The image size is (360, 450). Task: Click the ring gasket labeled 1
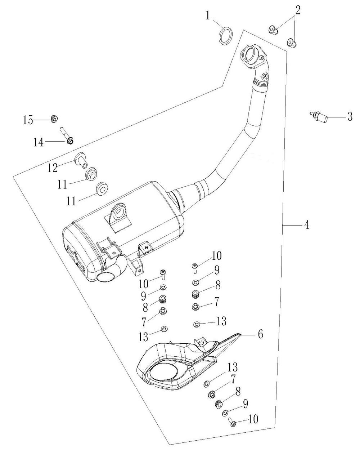[226, 36]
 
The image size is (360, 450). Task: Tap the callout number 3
[350, 116]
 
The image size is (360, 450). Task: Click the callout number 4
[307, 225]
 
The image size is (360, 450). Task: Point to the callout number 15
[28, 120]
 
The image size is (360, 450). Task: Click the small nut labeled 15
[54, 119]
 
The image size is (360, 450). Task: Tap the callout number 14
[39, 143]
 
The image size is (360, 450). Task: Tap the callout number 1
[207, 15]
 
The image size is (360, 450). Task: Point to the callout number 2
[297, 10]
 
